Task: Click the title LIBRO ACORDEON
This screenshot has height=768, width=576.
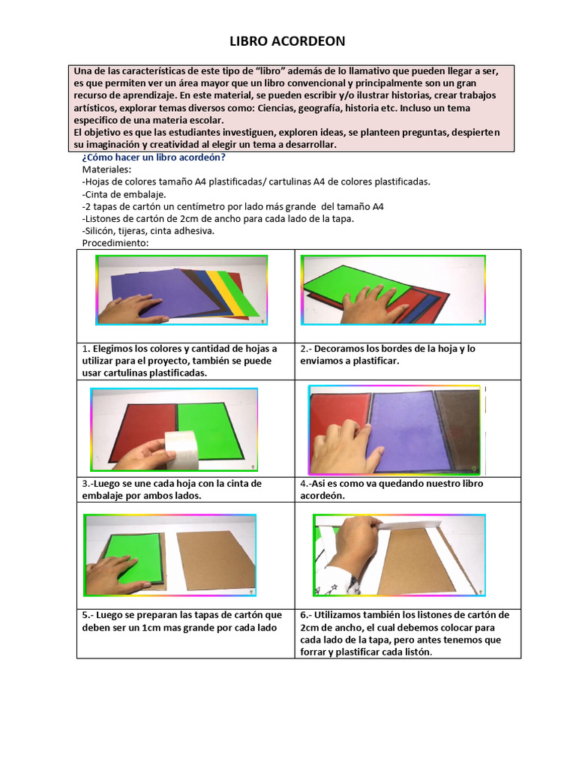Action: click(x=287, y=42)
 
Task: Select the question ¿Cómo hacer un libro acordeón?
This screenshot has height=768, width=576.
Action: click(x=153, y=157)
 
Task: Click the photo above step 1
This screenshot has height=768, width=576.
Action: click(x=182, y=289)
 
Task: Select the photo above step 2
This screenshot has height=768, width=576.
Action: click(x=393, y=289)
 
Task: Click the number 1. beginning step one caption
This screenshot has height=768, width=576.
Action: click(x=86, y=349)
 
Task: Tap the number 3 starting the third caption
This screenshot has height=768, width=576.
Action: click(x=85, y=484)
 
